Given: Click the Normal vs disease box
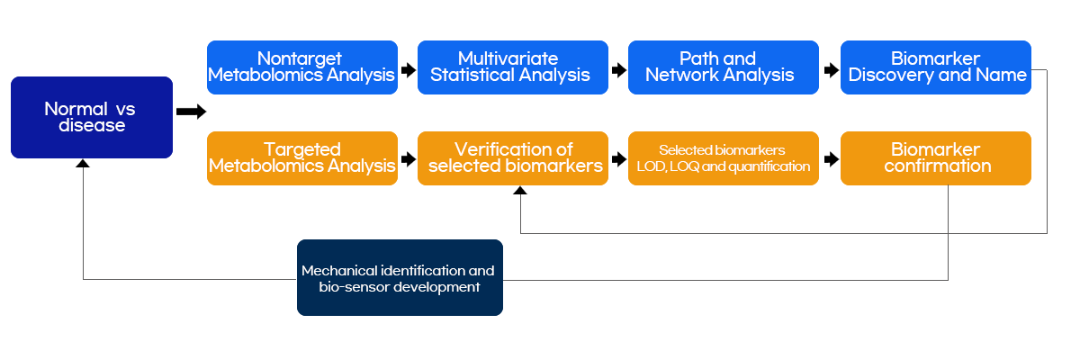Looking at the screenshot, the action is [x=92, y=117].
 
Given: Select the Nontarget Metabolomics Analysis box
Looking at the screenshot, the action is [x=302, y=67].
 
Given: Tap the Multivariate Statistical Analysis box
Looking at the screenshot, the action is [x=513, y=67].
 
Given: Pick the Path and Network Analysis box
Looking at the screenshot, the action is [x=724, y=67].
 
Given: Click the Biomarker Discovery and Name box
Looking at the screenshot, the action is [x=936, y=67].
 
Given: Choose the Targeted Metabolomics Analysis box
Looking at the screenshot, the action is [x=302, y=158].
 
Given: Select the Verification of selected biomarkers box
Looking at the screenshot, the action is [x=513, y=158].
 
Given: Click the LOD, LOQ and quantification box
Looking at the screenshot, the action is [x=724, y=158].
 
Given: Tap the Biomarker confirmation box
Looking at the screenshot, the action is [x=936, y=158].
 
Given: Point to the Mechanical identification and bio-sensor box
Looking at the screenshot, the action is [x=400, y=277].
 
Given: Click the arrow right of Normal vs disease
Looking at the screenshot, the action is [x=192, y=112].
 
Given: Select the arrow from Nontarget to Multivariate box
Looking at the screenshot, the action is [x=409, y=70].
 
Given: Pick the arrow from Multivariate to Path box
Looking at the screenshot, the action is [x=619, y=70].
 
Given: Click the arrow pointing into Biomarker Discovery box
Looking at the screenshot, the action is [x=832, y=70].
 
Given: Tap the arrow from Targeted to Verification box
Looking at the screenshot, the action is [x=409, y=159].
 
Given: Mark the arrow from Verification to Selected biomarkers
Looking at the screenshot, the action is [x=619, y=159].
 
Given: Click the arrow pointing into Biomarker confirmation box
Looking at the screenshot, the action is [x=832, y=159].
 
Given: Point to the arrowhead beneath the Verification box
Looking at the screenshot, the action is [x=520, y=191].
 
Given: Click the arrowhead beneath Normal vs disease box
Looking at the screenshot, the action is [x=83, y=164].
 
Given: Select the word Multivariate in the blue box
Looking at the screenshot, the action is [x=508, y=58].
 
